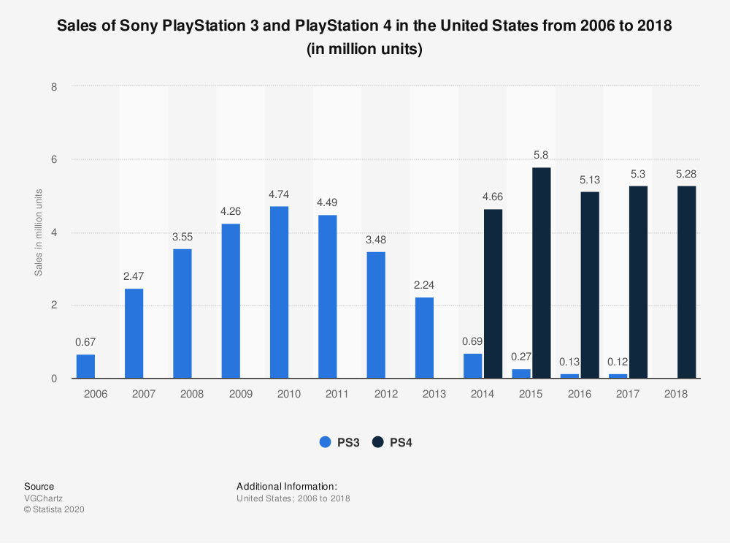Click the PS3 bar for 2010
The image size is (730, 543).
279,292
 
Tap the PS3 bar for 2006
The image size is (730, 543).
86,366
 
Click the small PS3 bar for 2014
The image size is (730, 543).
473,365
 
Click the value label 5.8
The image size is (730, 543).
542,156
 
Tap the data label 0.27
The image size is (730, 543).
521,357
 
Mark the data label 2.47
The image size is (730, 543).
134,277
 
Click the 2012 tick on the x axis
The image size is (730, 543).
386,394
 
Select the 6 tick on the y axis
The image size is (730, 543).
54,159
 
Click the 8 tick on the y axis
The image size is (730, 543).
54,86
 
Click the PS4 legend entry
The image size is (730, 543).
393,442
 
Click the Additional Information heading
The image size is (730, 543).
287,486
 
